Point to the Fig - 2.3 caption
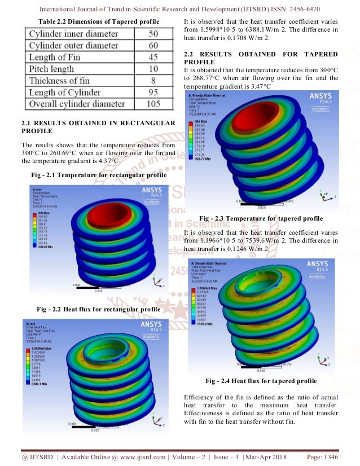pyautogui.click(x=261, y=218)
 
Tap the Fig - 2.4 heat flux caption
pyautogui.click(x=261, y=381)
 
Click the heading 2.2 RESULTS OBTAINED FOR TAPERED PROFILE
pyautogui.click(x=261, y=58)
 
